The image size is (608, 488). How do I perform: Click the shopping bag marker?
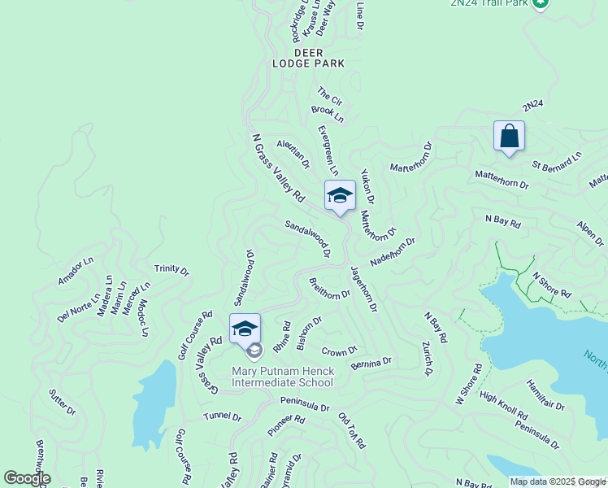click(x=509, y=137)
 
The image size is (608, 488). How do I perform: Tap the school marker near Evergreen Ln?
click(x=340, y=196)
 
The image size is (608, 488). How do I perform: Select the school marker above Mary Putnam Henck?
click(x=245, y=329)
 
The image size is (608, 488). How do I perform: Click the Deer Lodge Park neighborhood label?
click(x=308, y=58)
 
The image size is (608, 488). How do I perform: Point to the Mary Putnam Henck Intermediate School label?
click(x=282, y=377)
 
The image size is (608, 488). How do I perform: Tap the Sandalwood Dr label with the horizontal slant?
click(x=307, y=237)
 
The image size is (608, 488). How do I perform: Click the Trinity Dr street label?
click(x=172, y=269)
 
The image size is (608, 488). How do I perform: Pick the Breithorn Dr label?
click(x=329, y=289)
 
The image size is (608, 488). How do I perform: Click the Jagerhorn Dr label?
click(x=363, y=288)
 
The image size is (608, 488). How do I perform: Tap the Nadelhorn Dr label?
click(x=392, y=252)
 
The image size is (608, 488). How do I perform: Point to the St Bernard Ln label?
click(x=558, y=159)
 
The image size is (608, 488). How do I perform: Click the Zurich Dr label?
click(x=427, y=359)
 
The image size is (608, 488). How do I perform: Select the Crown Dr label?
click(x=339, y=351)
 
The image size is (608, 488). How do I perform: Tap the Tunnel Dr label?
click(x=222, y=416)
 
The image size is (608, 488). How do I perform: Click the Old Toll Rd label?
click(x=352, y=430)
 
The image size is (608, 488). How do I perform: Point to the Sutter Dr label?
click(x=62, y=401)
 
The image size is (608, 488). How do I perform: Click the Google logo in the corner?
click(x=26, y=478)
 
